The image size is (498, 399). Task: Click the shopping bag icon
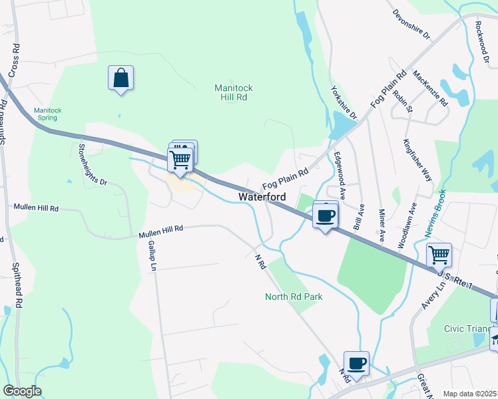[x=121, y=78]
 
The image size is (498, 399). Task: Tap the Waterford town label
[x=262, y=198]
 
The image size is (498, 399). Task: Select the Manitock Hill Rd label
[x=234, y=92]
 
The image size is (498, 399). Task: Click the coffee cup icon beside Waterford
[x=325, y=216]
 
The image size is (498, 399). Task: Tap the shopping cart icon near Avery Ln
[x=439, y=255]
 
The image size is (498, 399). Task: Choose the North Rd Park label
[x=294, y=297]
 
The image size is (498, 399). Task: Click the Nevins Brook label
[x=435, y=212]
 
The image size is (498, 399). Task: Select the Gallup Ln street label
[x=151, y=255]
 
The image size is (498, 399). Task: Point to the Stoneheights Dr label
[x=93, y=164]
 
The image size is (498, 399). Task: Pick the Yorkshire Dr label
[x=344, y=101]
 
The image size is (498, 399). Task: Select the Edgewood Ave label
[x=340, y=176]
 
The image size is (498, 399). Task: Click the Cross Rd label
[x=14, y=61]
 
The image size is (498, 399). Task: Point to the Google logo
[x=22, y=390]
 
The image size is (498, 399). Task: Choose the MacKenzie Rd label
[x=430, y=88]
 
